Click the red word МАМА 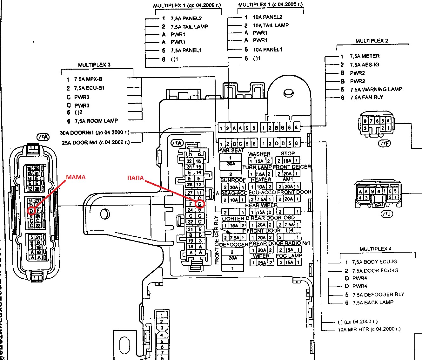coord(76,177)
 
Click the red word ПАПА coord(135,178)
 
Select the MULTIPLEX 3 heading coord(94,65)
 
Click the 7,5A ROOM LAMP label coord(96,121)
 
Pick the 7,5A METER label coord(365,56)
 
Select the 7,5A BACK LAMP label coord(373,302)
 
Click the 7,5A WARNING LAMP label coord(376,89)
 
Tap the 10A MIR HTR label coord(369,329)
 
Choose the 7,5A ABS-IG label coord(365,65)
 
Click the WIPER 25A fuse coord(262,262)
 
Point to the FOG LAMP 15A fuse coord(289,262)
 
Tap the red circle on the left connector coord(31,210)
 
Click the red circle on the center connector coord(200,204)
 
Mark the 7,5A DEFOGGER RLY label coord(378,295)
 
